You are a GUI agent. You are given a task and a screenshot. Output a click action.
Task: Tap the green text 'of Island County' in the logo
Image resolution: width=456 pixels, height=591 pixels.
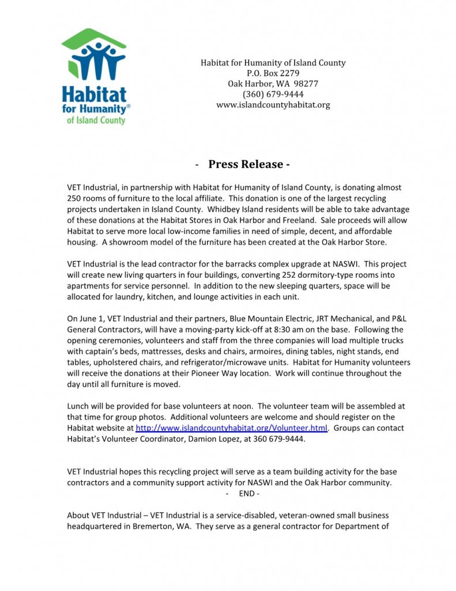tap(96, 120)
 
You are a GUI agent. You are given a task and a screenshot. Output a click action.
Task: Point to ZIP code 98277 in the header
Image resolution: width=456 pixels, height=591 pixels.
tap(305, 84)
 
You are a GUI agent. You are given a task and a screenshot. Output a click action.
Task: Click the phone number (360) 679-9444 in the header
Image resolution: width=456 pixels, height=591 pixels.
tap(273, 94)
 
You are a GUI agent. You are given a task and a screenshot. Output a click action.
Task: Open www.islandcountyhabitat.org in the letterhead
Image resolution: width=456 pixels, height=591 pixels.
tap(273, 104)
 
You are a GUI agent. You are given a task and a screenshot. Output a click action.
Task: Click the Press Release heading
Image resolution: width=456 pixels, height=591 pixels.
tap(248, 164)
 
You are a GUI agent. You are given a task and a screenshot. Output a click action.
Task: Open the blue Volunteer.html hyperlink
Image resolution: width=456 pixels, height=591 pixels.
tap(231, 428)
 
